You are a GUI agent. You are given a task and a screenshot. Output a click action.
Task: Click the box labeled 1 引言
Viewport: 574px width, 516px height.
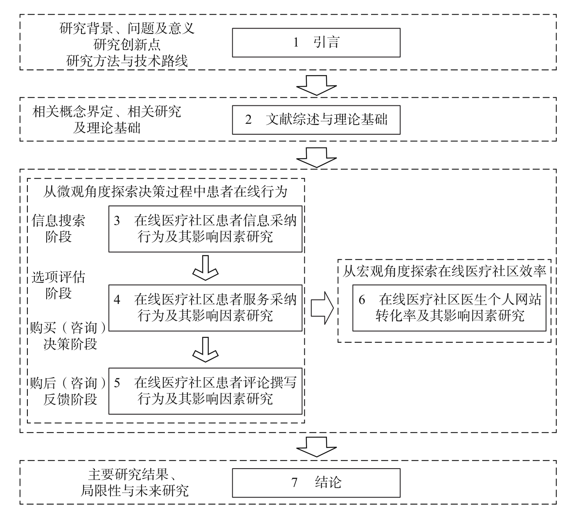(x=316, y=42)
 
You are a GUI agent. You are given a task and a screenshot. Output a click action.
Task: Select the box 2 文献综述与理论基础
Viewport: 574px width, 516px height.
(x=316, y=120)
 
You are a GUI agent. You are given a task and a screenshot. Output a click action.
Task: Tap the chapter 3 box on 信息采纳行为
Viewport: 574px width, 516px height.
(x=205, y=229)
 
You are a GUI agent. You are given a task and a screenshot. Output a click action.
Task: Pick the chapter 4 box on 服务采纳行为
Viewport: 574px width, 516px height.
(x=205, y=308)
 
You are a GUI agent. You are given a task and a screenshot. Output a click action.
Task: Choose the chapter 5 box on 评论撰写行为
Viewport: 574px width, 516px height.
(x=205, y=391)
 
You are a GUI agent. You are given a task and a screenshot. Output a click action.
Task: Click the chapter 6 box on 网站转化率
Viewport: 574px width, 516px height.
(x=449, y=308)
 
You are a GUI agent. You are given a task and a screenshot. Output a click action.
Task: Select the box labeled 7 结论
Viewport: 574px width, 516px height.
(x=316, y=482)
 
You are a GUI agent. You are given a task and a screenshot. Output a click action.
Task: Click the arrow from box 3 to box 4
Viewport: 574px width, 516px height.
(x=205, y=268)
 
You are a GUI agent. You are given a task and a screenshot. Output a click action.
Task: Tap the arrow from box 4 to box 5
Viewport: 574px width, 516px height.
(x=205, y=349)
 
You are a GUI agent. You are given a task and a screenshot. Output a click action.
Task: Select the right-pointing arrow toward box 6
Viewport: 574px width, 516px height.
(x=322, y=308)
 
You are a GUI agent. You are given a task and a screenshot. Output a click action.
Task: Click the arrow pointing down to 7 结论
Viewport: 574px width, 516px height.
(x=316, y=446)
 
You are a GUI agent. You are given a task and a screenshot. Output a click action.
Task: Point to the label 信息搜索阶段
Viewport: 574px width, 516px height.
(x=59, y=229)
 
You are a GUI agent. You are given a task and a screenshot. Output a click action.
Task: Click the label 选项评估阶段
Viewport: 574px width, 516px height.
(x=59, y=285)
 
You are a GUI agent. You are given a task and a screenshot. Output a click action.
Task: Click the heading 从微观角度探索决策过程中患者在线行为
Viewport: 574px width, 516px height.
(x=165, y=192)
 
